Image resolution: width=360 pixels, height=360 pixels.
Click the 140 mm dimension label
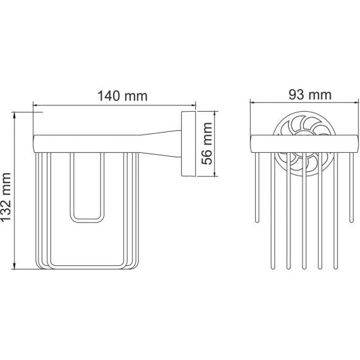123,96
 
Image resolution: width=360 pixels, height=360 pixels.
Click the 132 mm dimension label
6,197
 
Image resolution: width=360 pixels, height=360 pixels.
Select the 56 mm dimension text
207,143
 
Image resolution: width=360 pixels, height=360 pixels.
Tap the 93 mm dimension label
310,95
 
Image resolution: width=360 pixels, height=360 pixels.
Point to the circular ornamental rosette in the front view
304,144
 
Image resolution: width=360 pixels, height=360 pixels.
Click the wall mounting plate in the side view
188,144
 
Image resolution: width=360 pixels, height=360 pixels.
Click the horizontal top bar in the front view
304,144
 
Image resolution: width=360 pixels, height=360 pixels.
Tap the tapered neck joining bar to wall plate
160,144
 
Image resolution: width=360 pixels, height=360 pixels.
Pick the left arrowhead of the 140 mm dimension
35,105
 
